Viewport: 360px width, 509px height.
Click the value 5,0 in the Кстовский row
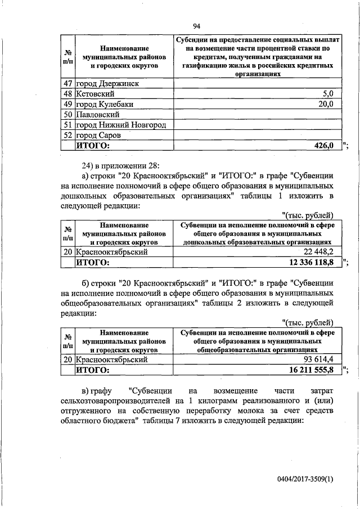(x=328, y=93)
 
